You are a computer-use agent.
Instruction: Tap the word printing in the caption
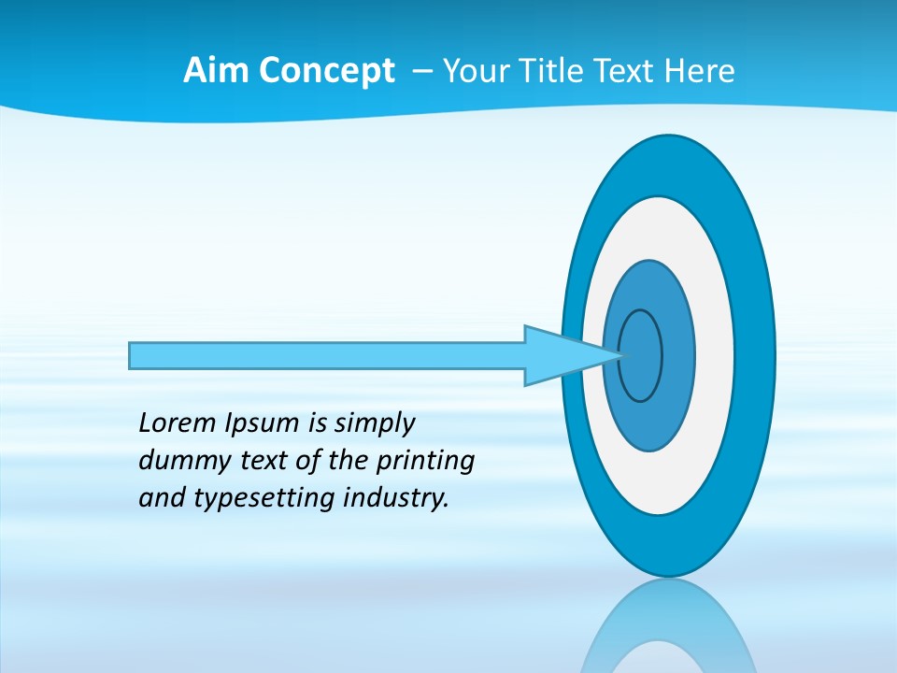425,462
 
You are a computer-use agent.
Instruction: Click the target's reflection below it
668,631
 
